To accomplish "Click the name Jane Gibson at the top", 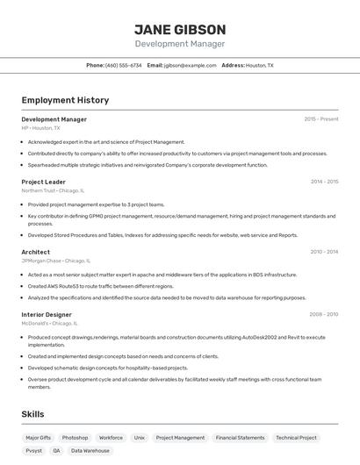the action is coord(180,29).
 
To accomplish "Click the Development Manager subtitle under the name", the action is coord(180,44).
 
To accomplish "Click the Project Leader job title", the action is coord(43,182).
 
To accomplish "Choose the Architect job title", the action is coord(35,252).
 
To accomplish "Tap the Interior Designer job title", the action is coord(47,314).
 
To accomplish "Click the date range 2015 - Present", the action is coord(321,119).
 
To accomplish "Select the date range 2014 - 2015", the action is coord(324,182).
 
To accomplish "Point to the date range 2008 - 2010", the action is coord(324,314).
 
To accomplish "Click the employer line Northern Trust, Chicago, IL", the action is coord(53,190).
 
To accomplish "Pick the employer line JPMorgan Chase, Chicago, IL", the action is coord(55,261).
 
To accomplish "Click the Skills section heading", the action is coord(32,414).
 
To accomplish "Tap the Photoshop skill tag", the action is coord(75,437).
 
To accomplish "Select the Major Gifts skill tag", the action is coord(39,437).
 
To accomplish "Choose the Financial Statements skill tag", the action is coord(240,437).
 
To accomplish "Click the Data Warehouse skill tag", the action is coord(90,450).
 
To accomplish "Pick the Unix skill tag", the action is coord(139,437).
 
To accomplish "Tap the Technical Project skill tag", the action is coord(296,437).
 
